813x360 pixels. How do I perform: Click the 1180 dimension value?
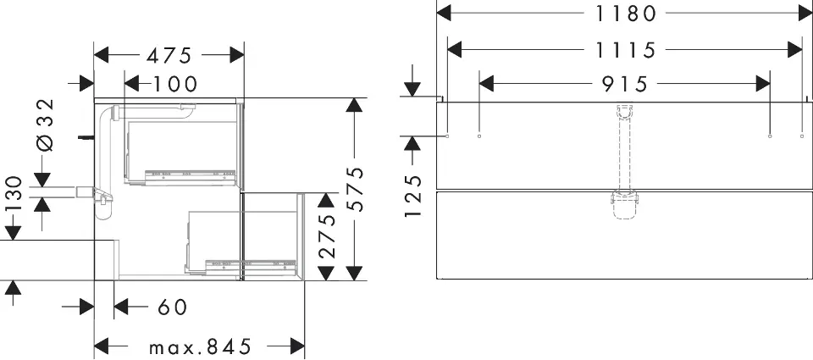coord(625,14)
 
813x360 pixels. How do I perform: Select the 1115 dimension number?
coord(625,50)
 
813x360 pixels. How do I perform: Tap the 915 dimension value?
coord(625,84)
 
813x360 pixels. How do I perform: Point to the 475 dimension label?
coord(169,56)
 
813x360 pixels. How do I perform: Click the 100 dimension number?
coord(175,84)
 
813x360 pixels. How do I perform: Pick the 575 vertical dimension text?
coord(355,190)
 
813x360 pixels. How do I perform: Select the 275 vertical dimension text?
coord(327,236)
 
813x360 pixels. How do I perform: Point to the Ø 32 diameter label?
coord(46,125)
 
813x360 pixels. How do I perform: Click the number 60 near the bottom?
coord(172,307)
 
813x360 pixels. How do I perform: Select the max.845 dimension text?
coord(200,346)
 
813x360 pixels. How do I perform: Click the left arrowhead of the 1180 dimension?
coord(444,13)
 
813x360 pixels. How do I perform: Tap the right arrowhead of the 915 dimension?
coord(763,83)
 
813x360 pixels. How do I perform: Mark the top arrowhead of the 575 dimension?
coord(354,105)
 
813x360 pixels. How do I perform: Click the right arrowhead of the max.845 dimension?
coord(297,346)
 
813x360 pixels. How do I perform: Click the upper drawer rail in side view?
coord(189,176)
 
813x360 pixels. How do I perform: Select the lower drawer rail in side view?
coord(252,266)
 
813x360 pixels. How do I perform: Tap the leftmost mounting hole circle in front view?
coord(447,136)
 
